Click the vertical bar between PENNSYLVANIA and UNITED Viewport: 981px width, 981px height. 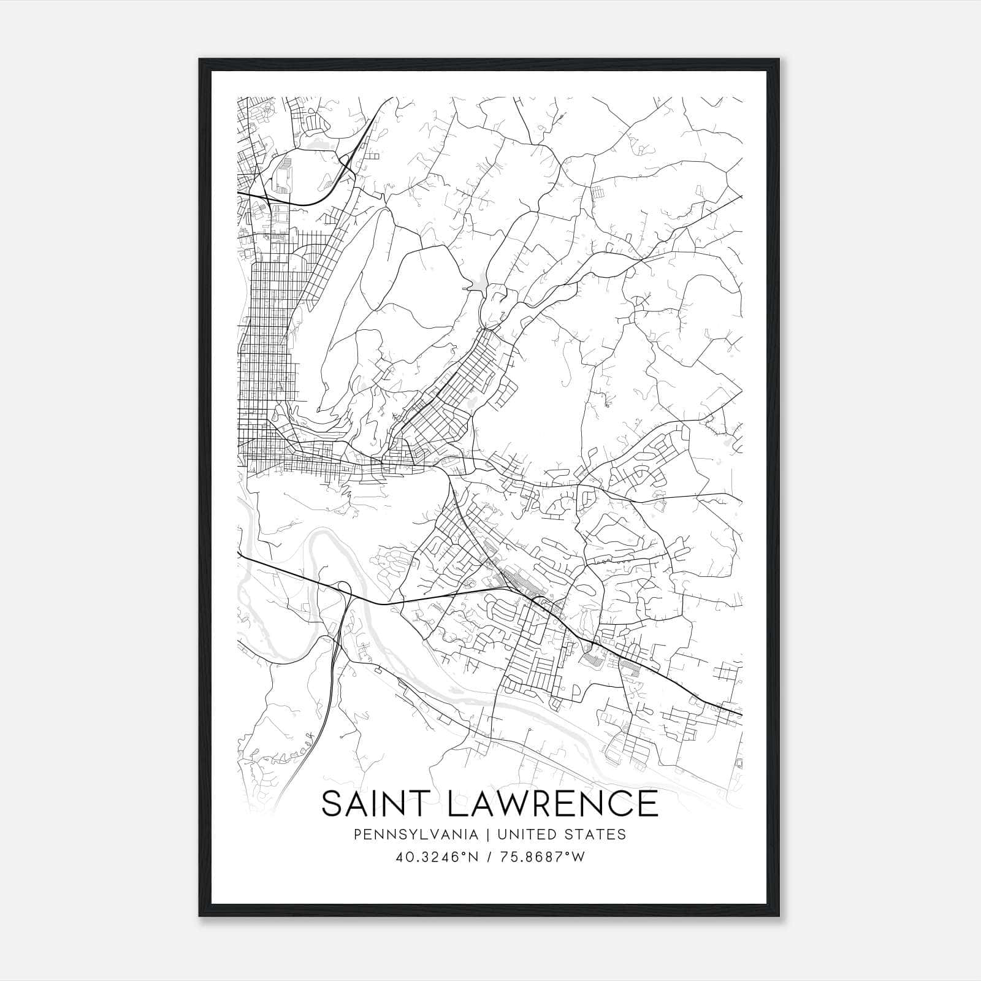point(488,834)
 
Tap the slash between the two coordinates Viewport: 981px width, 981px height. point(490,857)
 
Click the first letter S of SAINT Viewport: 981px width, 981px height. point(332,804)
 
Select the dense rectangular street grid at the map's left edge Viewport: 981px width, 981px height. point(270,343)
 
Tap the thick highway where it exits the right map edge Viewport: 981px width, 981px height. point(739,714)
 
